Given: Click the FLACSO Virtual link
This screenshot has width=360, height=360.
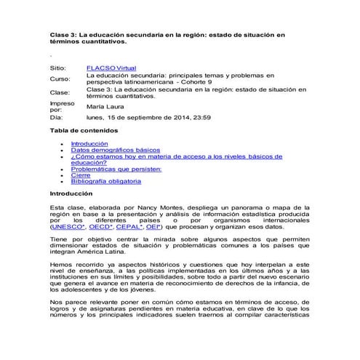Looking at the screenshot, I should click(111, 67).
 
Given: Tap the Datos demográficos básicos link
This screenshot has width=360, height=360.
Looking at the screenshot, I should click(110, 151).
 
